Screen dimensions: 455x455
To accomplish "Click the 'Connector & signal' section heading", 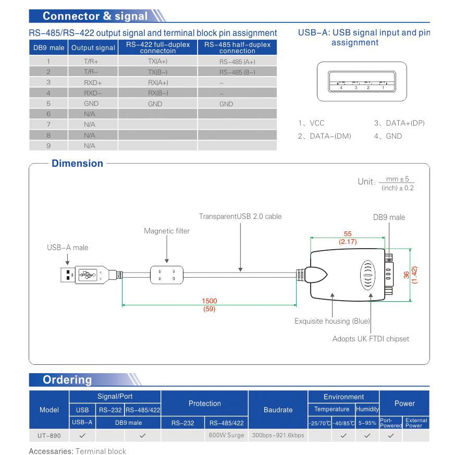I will click(95, 16).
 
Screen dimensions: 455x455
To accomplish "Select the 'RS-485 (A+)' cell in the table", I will click(237, 62).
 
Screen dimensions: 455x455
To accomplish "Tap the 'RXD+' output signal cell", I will click(93, 82).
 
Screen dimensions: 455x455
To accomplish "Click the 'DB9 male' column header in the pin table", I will click(48, 48).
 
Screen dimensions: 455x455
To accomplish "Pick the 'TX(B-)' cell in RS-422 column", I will click(158, 72).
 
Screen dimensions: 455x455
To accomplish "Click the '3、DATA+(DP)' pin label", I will click(399, 124).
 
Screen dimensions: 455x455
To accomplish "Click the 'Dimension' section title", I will click(77, 164).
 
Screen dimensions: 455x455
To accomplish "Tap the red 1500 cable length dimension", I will click(210, 301).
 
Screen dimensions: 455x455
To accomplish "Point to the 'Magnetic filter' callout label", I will click(167, 231).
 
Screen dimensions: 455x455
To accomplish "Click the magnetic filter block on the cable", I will click(167, 275).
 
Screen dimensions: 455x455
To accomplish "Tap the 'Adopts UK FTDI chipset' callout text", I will click(371, 339).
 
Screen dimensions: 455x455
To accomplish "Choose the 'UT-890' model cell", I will click(48, 435).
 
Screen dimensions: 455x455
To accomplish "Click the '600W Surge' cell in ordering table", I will click(226, 435).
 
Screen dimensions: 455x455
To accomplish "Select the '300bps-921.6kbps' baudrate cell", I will click(278, 435).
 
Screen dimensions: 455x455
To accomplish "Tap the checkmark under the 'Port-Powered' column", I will click(391, 435).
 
